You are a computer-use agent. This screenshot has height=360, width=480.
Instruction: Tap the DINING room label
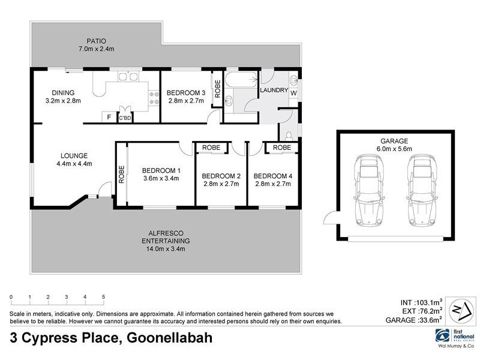tap(62, 92)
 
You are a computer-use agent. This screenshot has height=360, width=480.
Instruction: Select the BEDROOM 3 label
tap(186, 92)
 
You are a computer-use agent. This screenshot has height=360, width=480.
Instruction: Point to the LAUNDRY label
tap(274, 91)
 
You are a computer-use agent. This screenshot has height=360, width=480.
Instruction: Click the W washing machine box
tap(293, 94)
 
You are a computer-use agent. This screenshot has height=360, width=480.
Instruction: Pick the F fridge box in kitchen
tap(109, 117)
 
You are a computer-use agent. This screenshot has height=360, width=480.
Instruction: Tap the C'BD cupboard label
tap(125, 118)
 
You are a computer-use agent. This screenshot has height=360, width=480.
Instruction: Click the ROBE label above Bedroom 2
tap(211, 148)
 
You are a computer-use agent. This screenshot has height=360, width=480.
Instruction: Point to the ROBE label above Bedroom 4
tap(282, 148)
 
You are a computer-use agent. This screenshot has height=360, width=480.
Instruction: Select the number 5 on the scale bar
tap(103, 297)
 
